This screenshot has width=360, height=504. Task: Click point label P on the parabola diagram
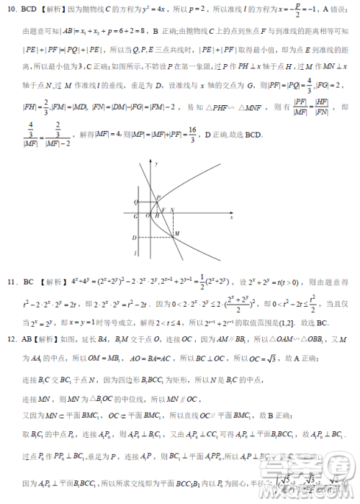pyautogui.click(x=158, y=196)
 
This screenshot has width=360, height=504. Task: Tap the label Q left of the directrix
pyautogui.click(x=135, y=202)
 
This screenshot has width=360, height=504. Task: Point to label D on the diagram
pyautogui.click(x=135, y=238)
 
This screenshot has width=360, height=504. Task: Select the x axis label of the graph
pyautogui.click(x=232, y=217)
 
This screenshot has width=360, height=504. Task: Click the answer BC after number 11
pyautogui.click(x=29, y=281)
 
